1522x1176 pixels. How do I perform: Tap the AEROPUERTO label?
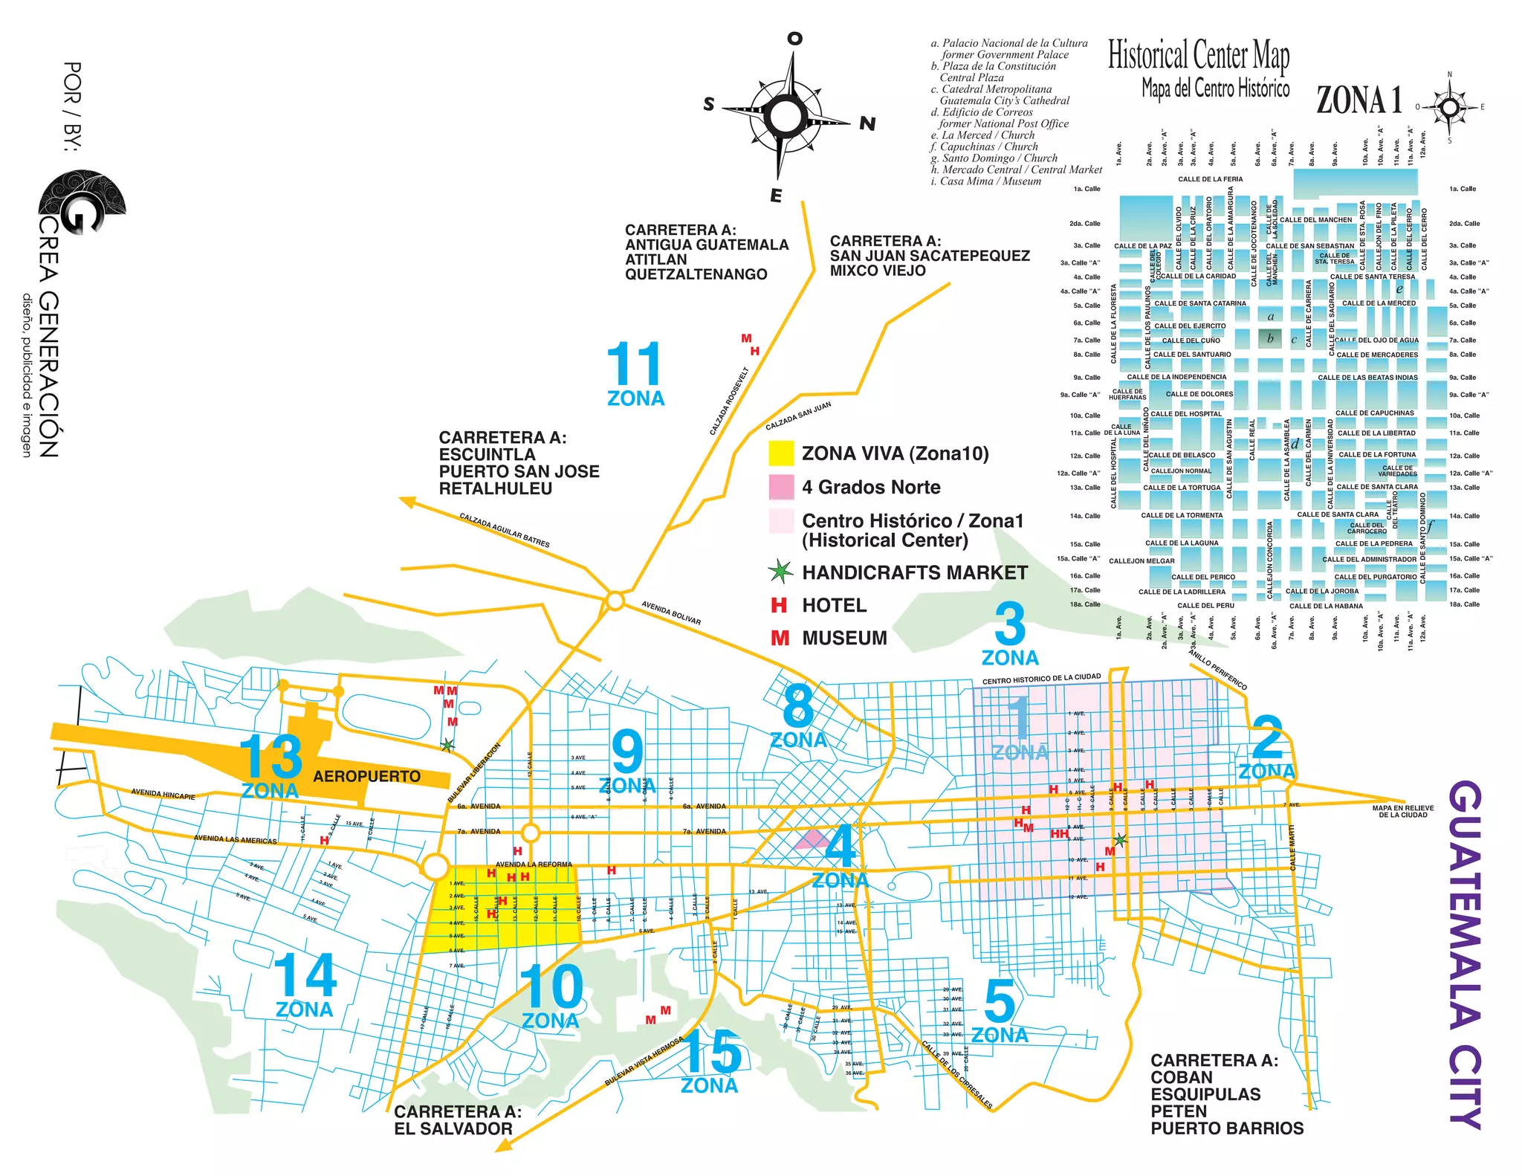pyautogui.click(x=366, y=776)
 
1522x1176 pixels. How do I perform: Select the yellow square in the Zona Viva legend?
pyautogui.click(x=781, y=453)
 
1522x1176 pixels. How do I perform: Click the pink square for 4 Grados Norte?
pyautogui.click(x=781, y=487)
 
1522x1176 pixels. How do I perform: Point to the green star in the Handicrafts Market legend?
pyautogui.click(x=780, y=572)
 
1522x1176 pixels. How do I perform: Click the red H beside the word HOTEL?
pyautogui.click(x=779, y=605)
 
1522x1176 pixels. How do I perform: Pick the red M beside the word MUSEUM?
pyautogui.click(x=780, y=638)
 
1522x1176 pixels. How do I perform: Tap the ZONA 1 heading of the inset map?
pyautogui.click(x=1359, y=100)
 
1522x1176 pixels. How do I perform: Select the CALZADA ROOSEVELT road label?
pyautogui.click(x=729, y=401)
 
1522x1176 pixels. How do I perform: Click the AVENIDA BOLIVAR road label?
pyautogui.click(x=671, y=613)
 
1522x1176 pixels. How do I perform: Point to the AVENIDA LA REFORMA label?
pyautogui.click(x=534, y=864)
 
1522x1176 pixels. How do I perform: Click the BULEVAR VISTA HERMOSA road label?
pyautogui.click(x=644, y=1062)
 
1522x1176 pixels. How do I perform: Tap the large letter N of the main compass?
pyautogui.click(x=867, y=123)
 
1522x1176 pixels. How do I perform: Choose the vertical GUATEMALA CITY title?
pyautogui.click(x=1466, y=954)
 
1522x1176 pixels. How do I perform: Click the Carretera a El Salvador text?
pyautogui.click(x=457, y=1120)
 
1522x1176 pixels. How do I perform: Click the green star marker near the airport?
pyautogui.click(x=447, y=745)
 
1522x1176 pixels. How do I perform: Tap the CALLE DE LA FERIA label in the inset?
pyautogui.click(x=1210, y=179)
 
